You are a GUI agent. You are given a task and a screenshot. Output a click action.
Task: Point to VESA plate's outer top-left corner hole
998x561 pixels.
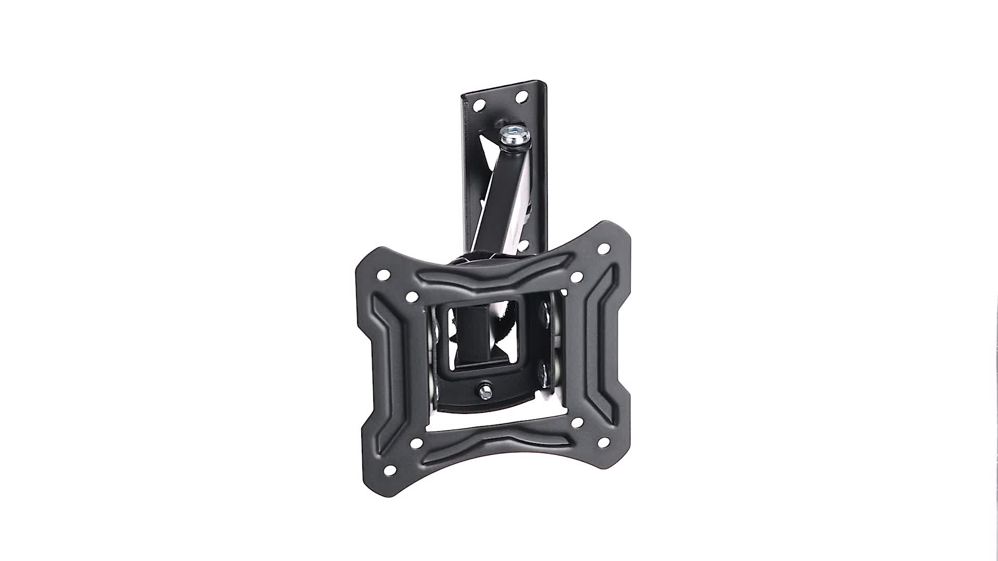[383, 274]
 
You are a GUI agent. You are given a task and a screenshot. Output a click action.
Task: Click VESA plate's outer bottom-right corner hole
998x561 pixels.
[603, 443]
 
